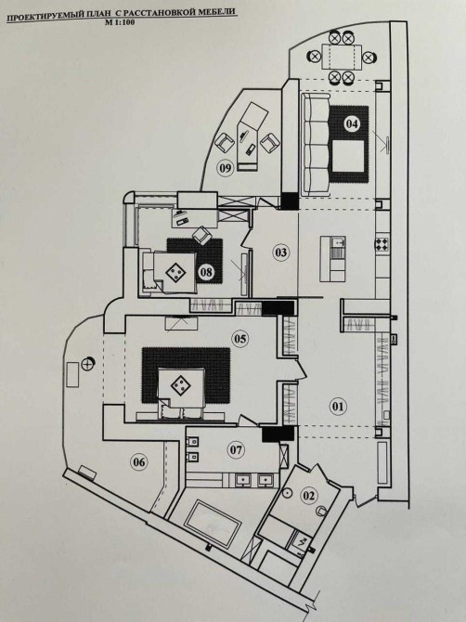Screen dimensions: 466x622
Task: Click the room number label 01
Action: [x=338, y=407]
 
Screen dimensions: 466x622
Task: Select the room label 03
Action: [x=280, y=253]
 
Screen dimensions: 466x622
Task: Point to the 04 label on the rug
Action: [x=352, y=123]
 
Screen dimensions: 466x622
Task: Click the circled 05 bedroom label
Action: [x=240, y=338]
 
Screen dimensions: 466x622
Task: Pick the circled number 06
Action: [x=139, y=462]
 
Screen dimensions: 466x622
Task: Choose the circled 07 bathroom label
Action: [x=236, y=450]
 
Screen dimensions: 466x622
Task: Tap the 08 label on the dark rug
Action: [x=206, y=272]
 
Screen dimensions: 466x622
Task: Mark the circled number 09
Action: [x=225, y=168]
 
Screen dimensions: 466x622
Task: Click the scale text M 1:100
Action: [x=120, y=22]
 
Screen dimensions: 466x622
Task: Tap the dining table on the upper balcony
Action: [x=342, y=58]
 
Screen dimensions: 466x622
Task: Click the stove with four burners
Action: [x=382, y=243]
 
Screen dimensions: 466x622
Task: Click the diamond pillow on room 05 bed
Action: [x=179, y=384]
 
